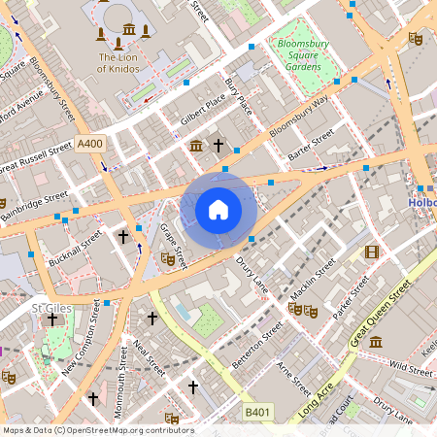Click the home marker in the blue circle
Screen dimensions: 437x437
coord(218,209)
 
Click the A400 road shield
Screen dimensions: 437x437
coord(89,144)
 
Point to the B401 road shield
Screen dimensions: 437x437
coord(257,413)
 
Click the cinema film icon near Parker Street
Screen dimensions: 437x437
coord(370,252)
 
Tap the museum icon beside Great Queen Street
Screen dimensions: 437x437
coord(375,341)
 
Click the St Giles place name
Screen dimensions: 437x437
coord(49,308)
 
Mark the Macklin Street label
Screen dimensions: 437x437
coord(312,276)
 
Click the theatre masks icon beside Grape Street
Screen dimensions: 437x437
coord(166,259)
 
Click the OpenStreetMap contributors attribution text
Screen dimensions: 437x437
coord(97,430)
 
